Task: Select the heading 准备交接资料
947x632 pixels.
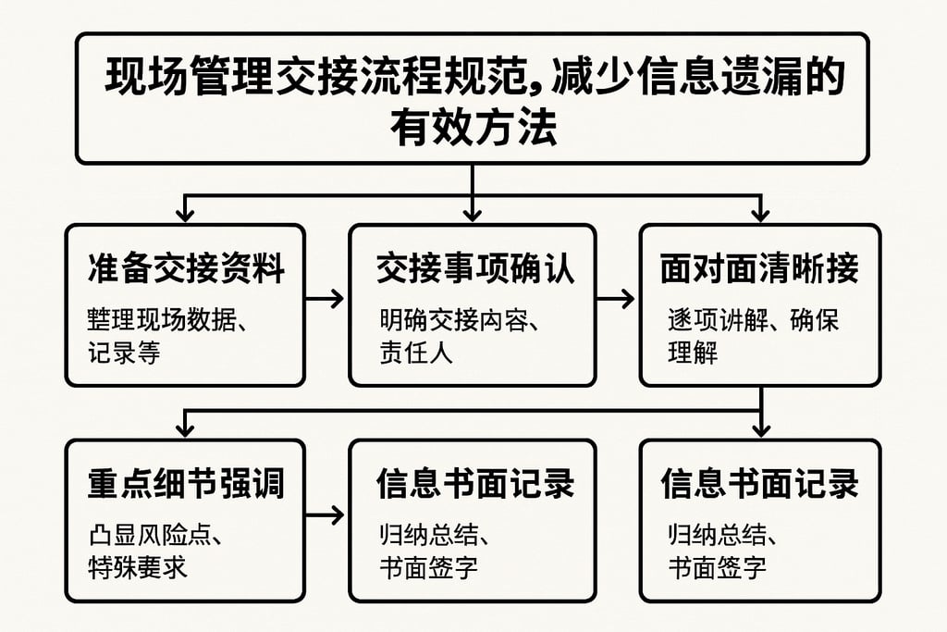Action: point(185,268)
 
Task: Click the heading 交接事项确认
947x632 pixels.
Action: point(474,268)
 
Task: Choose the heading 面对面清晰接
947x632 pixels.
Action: point(759,268)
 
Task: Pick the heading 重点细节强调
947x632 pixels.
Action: point(185,484)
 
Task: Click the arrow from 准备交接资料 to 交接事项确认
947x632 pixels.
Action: point(325,299)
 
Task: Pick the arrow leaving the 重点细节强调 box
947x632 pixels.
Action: point(325,515)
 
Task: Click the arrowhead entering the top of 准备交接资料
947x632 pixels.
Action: point(185,214)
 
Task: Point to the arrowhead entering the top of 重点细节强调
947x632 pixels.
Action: point(185,428)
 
